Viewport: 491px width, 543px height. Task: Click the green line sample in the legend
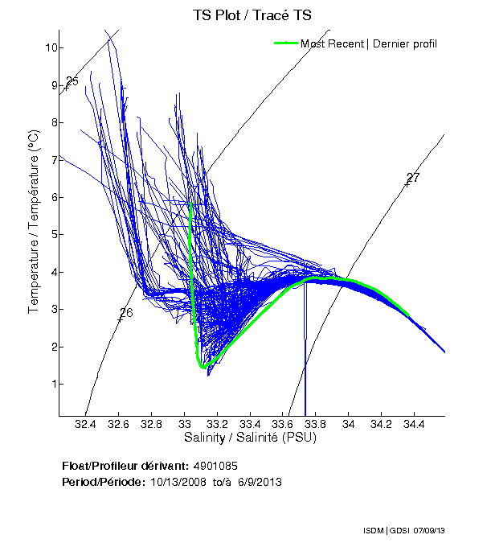point(286,43)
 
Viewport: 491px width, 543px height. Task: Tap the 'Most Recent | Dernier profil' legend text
point(369,43)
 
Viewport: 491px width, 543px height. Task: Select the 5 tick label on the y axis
point(50,234)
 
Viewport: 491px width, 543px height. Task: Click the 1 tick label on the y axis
point(50,384)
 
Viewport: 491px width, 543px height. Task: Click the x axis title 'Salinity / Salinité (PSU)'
point(252,438)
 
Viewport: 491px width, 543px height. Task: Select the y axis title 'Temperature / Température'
point(34,223)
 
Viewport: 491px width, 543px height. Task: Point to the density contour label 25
point(72,81)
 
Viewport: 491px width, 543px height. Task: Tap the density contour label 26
point(125,313)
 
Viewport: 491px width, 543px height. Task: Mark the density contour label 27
point(413,178)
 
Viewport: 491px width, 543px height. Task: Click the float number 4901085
point(215,466)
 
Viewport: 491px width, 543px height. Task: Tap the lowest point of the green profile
point(203,367)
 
